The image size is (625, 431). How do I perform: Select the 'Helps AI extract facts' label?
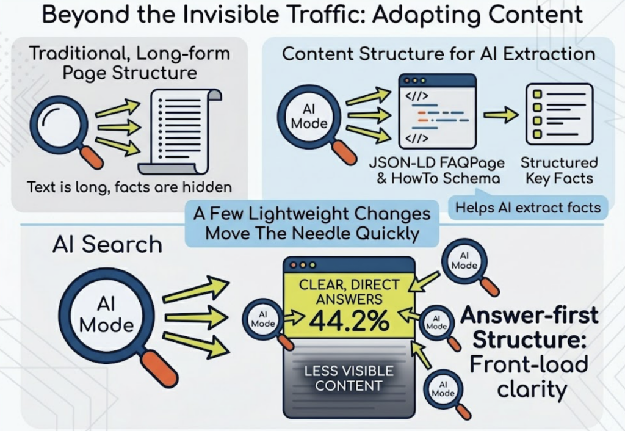click(x=527, y=208)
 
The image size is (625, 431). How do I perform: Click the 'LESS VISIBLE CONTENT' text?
click(x=349, y=378)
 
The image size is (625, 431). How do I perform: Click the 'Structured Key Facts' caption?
click(x=558, y=171)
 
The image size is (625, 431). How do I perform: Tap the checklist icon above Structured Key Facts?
click(x=558, y=114)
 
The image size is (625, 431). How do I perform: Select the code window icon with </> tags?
click(x=436, y=111)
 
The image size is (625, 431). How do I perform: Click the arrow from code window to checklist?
click(x=500, y=116)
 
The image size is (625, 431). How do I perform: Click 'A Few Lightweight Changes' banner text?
click(x=311, y=215)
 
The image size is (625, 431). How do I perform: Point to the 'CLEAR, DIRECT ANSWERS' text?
click(x=349, y=292)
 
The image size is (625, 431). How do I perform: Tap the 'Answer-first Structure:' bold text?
click(x=529, y=327)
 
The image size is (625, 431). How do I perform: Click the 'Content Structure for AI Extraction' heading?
click(x=438, y=54)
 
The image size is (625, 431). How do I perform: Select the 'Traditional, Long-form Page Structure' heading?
click(x=129, y=63)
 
